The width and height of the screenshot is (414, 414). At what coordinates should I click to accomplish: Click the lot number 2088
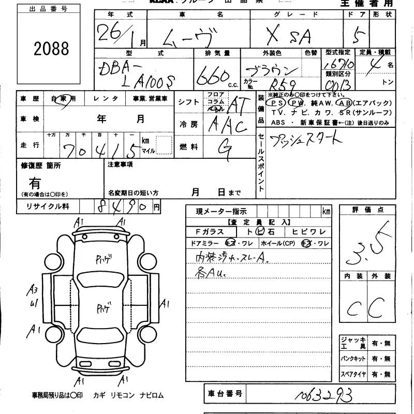coord(51,49)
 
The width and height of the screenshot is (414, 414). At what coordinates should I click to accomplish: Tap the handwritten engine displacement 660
coord(212,78)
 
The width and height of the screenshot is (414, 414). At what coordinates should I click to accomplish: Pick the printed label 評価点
coord(367,210)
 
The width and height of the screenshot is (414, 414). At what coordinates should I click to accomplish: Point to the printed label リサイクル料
coord(43,206)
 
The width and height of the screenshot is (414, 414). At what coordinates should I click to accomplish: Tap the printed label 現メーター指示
coord(214,211)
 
